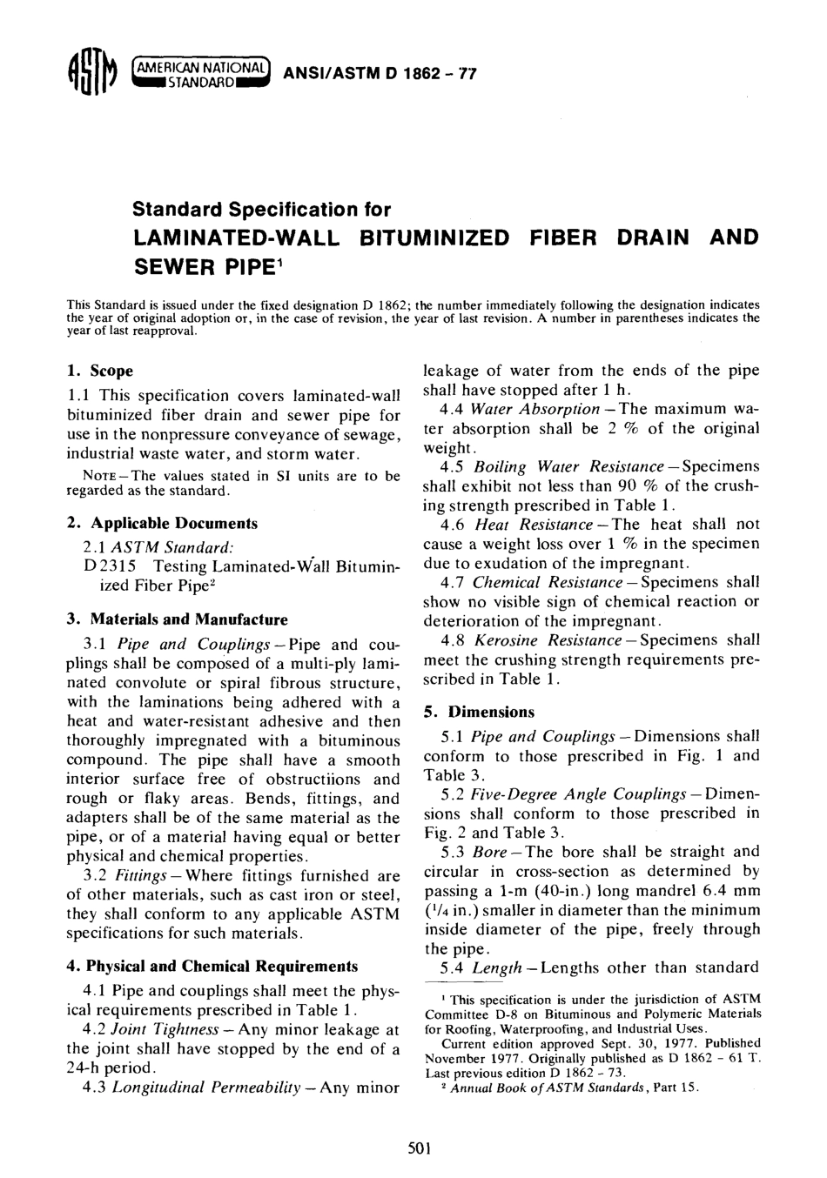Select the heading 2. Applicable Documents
(162, 524)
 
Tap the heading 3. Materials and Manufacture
(177, 619)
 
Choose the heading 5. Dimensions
(479, 712)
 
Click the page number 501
(420, 1148)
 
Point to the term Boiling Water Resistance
(565, 467)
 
